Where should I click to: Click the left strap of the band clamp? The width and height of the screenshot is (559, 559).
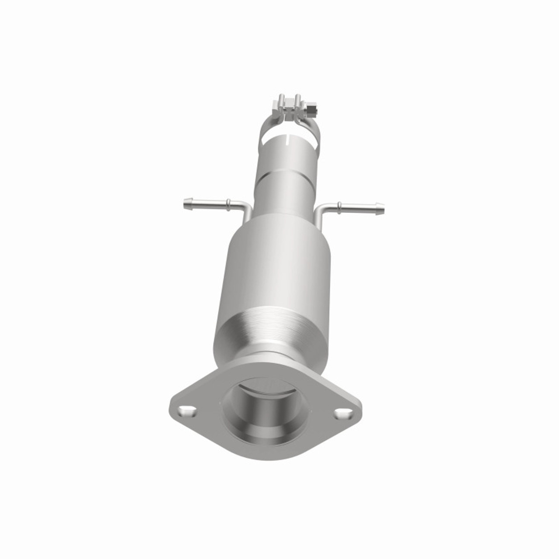[265, 129]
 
